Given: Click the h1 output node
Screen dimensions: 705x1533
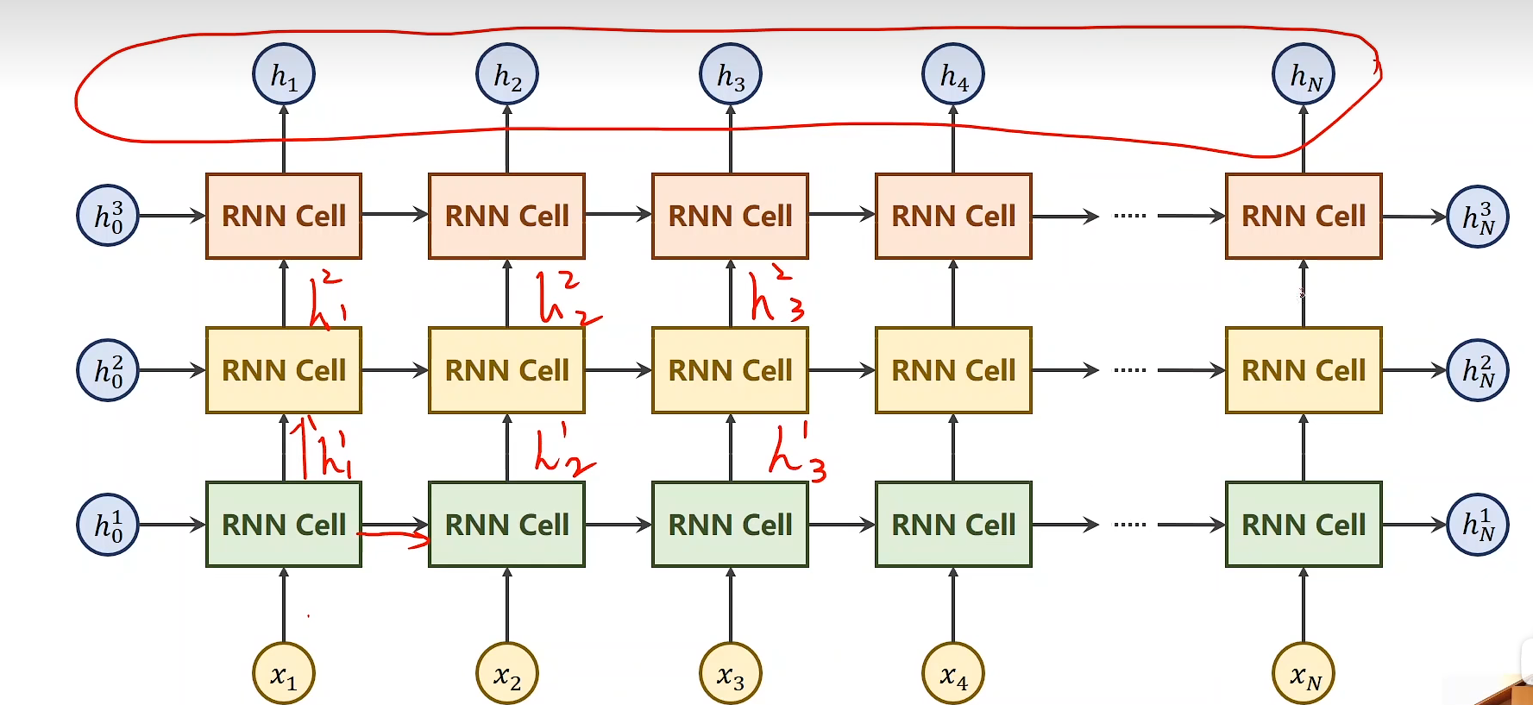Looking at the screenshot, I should click(283, 75).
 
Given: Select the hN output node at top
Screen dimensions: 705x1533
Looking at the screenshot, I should click(1303, 75).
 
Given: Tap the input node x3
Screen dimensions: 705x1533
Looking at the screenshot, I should click(730, 674).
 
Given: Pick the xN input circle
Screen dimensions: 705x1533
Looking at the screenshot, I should click(1303, 674).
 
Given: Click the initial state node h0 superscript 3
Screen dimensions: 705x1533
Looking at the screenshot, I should click(108, 216).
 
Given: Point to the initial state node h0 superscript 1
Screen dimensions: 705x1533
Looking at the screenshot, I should click(108, 525).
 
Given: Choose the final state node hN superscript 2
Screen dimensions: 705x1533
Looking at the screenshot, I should click(1477, 370).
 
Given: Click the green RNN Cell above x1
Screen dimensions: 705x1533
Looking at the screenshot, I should click(283, 525).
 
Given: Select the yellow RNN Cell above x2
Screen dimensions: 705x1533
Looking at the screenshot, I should click(506, 370).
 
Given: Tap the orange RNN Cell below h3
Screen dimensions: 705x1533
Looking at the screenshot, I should click(730, 216).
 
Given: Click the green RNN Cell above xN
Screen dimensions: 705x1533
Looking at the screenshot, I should click(1303, 525).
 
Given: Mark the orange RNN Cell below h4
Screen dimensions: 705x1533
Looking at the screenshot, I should click(953, 216).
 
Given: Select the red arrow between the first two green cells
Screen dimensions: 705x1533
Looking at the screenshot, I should click(395, 538).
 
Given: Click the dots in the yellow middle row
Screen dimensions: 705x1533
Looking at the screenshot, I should click(1129, 370).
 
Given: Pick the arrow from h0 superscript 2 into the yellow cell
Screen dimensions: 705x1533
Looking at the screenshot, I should click(171, 370).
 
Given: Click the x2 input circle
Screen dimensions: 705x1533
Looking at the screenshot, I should click(506, 674).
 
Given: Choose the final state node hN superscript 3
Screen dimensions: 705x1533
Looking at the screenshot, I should click(1477, 216).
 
